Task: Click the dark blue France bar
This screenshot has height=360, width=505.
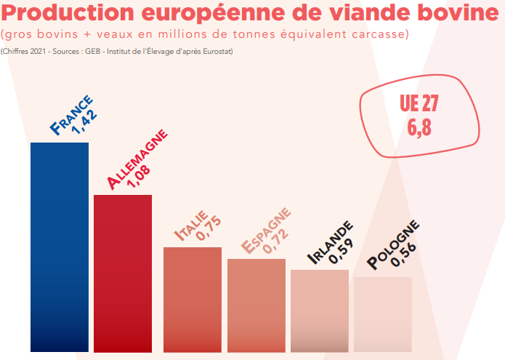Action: point(59,247)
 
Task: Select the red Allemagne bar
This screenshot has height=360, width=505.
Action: point(123,273)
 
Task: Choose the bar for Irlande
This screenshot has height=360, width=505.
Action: point(320,311)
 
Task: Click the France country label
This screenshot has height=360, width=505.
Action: point(71,114)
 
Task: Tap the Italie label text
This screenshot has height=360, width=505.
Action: point(191,224)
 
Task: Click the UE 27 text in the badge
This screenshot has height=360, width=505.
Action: point(419,104)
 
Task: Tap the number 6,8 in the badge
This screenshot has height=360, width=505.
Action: point(419,127)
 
